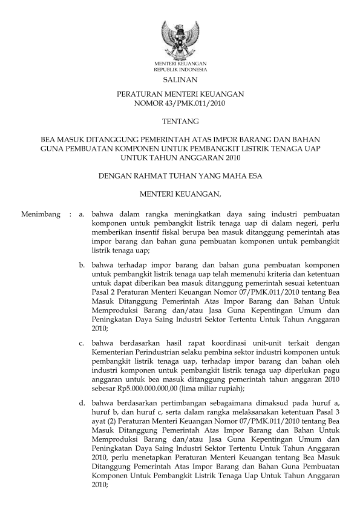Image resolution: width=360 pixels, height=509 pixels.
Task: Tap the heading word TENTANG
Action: coord(180,121)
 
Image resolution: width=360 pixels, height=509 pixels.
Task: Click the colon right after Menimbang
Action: coord(71,214)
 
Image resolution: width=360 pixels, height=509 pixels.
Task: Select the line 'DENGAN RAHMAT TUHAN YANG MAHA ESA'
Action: coord(180,176)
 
